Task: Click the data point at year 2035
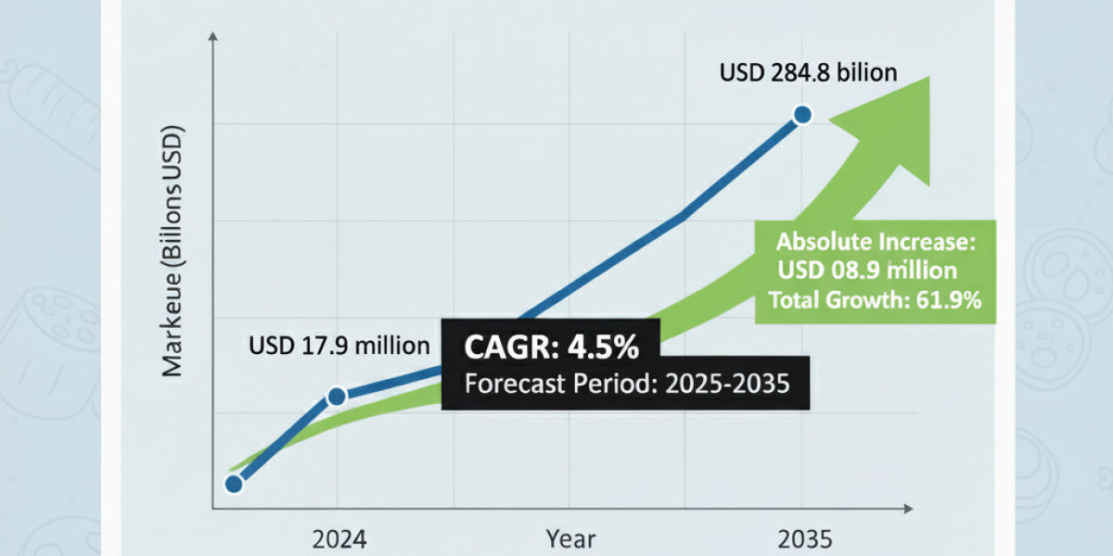pyautogui.click(x=802, y=115)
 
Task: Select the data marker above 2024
pyautogui.click(x=337, y=396)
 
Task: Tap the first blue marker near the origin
pyautogui.click(x=234, y=484)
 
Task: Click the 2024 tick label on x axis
pyautogui.click(x=339, y=539)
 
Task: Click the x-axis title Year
pyautogui.click(x=570, y=539)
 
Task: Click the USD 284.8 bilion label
pyautogui.click(x=808, y=72)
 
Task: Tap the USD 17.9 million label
pyautogui.click(x=339, y=347)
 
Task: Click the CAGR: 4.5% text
pyautogui.click(x=551, y=348)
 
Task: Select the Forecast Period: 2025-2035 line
pyautogui.click(x=626, y=383)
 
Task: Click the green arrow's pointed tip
pyautogui.click(x=929, y=77)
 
